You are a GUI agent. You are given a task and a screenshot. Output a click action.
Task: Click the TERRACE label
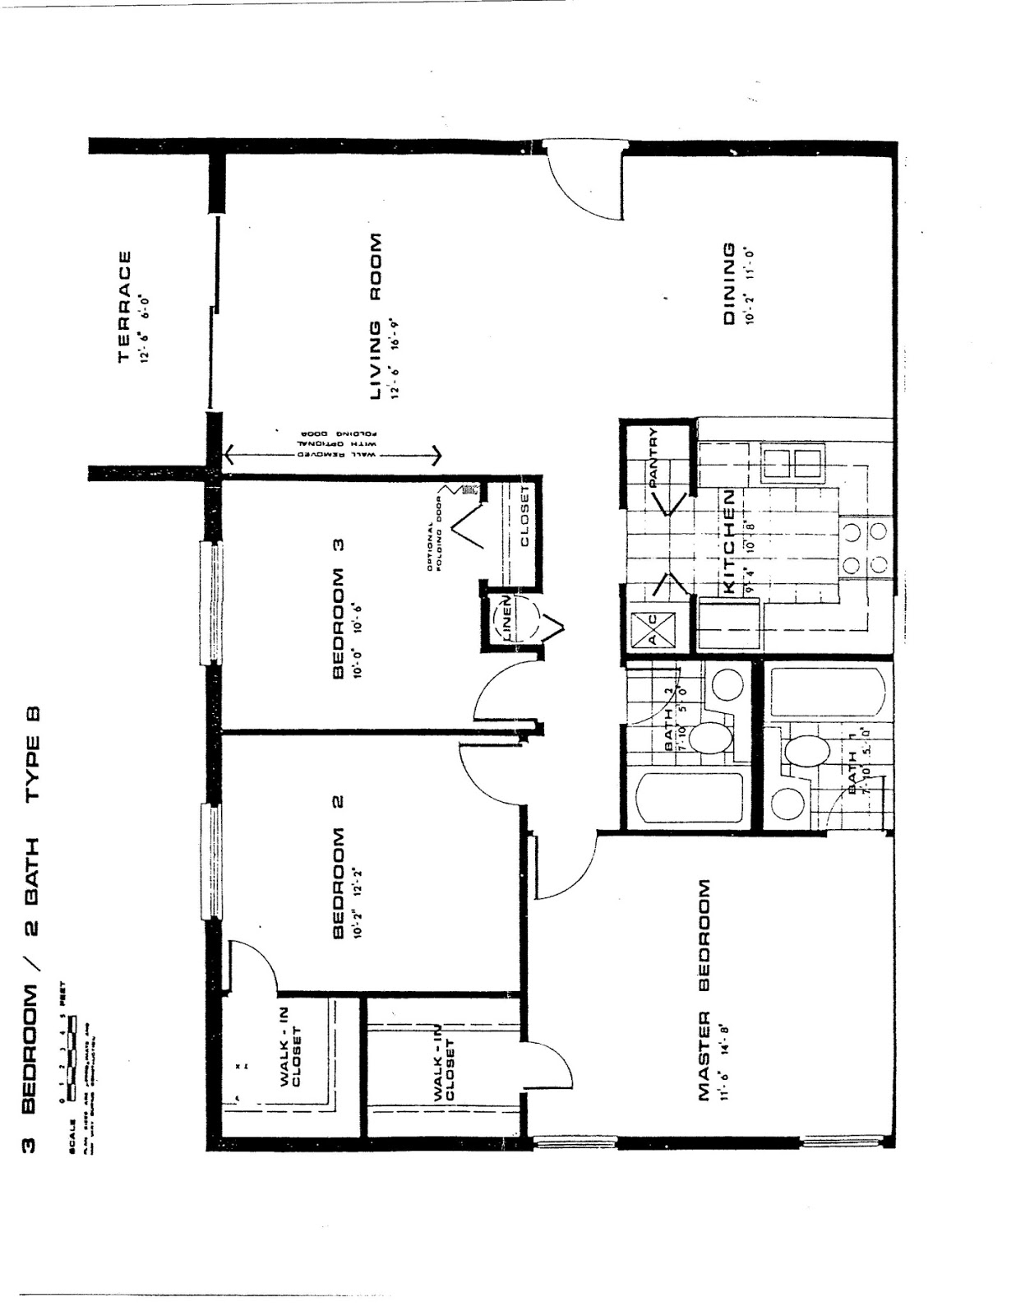125,306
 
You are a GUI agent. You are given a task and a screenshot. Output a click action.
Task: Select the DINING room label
728,284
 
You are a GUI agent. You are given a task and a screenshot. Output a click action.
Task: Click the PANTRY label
655,458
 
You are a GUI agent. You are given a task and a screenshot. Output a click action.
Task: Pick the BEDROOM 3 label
337,609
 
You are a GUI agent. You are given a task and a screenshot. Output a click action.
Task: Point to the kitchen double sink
792,465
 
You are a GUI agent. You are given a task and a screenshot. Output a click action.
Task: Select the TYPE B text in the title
34,753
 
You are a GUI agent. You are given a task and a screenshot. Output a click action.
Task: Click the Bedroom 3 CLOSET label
524,516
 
